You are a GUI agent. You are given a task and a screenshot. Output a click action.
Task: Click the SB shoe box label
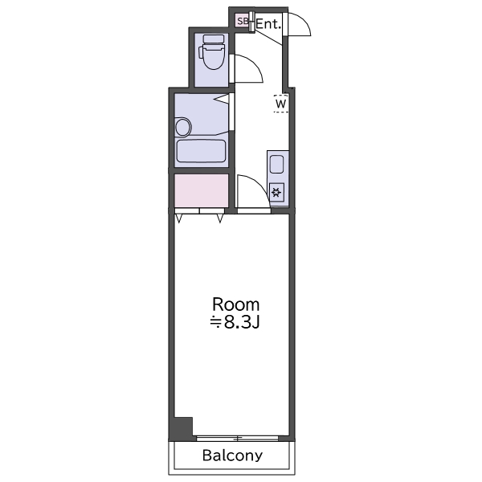pos(243,21)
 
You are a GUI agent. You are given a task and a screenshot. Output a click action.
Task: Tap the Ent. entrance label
pos(268,24)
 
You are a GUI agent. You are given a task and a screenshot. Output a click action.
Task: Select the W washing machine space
pos(280,104)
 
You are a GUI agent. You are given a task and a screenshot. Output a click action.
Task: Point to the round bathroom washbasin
pos(182,127)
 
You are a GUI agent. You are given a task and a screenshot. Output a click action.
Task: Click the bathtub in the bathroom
pos(201,151)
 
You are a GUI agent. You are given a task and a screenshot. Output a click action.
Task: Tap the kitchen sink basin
pos(276,165)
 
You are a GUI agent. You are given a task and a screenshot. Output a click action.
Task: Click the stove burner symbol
pos(276,193)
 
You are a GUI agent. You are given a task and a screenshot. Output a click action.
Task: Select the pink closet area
pos(202,190)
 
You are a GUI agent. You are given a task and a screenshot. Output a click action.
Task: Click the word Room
pos(235,304)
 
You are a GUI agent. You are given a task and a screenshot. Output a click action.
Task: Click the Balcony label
pos(232,455)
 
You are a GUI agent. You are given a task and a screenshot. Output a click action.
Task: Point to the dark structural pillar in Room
pos(183,427)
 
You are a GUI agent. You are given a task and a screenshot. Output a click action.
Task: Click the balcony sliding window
pos(237,439)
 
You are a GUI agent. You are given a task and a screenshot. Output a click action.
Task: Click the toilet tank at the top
pos(214,39)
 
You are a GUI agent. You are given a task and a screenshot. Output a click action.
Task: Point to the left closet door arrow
pos(179,219)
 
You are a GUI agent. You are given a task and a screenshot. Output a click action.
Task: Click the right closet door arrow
pos(220,219)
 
